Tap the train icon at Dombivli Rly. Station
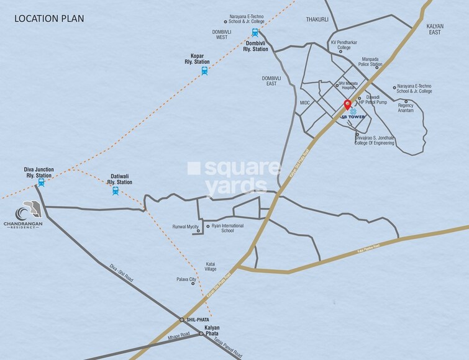click(x=255, y=33)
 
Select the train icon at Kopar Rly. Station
click(x=204, y=71)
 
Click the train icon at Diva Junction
click(x=42, y=183)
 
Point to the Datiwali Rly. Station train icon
click(x=116, y=191)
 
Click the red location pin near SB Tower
click(x=347, y=105)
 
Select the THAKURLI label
click(x=317, y=20)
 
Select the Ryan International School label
click(x=228, y=228)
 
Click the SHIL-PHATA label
click(x=198, y=319)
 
